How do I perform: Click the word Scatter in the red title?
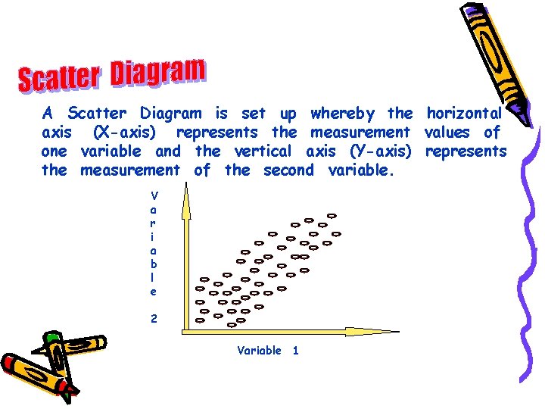[x=59, y=76]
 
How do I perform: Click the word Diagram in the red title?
[x=157, y=72]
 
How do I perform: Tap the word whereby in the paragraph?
[x=342, y=114]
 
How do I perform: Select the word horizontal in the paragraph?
[x=464, y=114]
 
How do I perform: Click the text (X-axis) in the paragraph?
[x=125, y=133]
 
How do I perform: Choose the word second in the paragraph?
[x=288, y=170]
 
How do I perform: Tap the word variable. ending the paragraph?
[x=362, y=170]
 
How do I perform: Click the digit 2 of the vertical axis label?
[x=154, y=319]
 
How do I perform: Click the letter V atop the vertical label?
[x=154, y=195]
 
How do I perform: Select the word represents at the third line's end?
[x=466, y=151]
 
